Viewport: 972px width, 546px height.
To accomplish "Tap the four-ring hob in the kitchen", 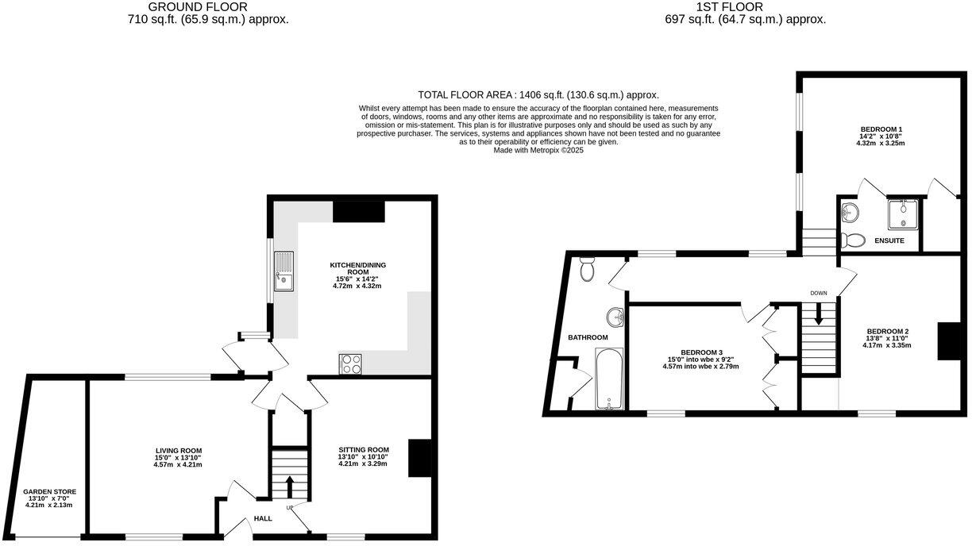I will [x=351, y=363].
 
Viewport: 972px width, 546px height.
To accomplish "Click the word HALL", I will [x=263, y=519].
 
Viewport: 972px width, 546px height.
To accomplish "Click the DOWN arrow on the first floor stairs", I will [x=819, y=318].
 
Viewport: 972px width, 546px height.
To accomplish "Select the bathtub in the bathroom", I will [x=610, y=379].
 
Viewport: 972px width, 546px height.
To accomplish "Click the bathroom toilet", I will [x=588, y=270].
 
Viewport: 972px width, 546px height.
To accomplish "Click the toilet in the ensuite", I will [x=852, y=239].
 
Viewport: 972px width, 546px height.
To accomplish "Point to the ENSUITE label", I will [x=889, y=240].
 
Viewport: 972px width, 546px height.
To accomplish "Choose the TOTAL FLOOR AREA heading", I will [x=538, y=94].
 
